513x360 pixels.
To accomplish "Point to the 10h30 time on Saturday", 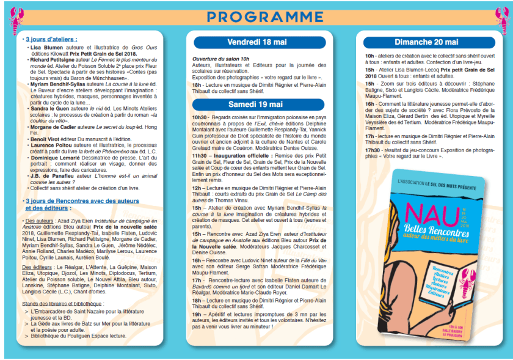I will click(x=200, y=116).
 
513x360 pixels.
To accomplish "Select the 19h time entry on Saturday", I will click(x=197, y=313).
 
